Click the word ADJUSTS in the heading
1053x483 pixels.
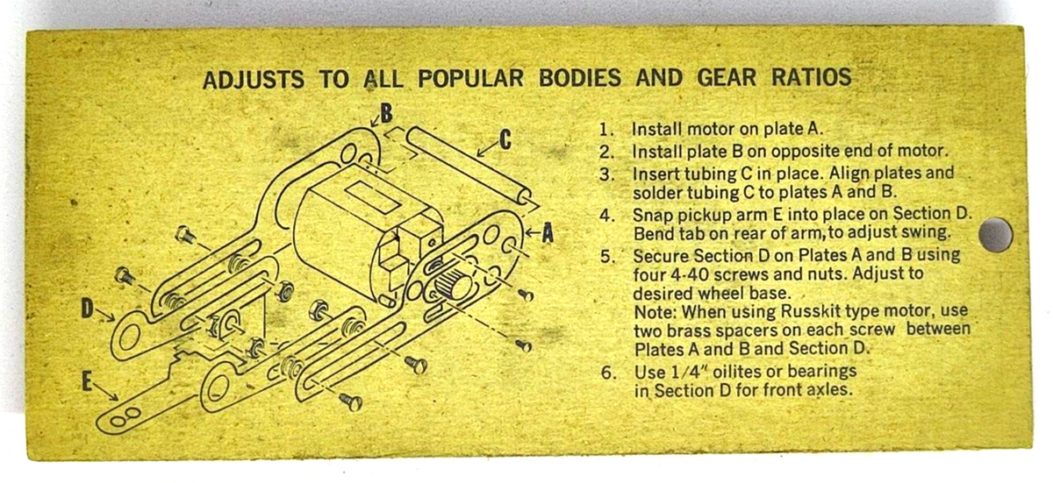253,79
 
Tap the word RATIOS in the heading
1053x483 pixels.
811,77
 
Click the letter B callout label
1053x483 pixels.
386,113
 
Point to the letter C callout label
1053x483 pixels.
505,140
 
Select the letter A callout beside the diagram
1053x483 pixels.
548,233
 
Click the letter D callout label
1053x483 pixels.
88,309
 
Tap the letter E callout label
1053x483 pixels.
87,380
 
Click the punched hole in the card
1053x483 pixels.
996,234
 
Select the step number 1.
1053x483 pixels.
605,130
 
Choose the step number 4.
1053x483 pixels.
606,216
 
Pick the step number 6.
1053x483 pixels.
608,373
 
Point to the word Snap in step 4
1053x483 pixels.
652,216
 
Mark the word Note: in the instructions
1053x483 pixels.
655,312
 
